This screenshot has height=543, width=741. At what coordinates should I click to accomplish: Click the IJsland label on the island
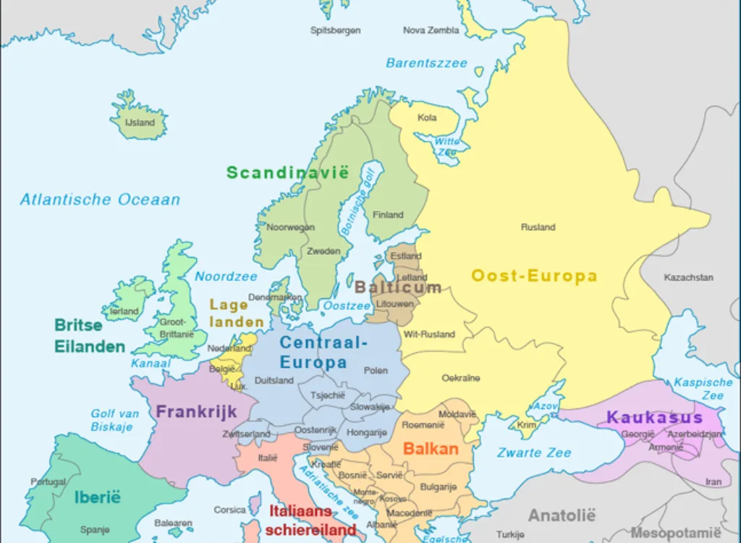tap(140, 122)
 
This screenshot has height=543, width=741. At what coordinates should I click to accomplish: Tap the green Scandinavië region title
tap(287, 172)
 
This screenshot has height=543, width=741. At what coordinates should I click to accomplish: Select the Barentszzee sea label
tap(426, 64)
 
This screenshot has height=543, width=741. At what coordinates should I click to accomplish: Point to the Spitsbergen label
tap(335, 30)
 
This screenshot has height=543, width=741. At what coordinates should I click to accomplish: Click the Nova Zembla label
tap(431, 30)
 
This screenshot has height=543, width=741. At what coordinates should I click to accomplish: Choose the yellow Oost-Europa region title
tap(534, 276)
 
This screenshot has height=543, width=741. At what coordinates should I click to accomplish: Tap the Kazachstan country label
tap(688, 277)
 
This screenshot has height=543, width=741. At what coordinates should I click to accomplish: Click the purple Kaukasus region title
tap(654, 418)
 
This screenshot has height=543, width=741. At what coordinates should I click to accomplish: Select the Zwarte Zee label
tap(534, 452)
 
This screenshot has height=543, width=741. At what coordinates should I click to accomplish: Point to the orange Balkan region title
tap(431, 449)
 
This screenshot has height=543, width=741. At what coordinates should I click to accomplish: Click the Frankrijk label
tap(196, 412)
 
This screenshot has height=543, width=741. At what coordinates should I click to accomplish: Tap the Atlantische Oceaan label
tap(100, 200)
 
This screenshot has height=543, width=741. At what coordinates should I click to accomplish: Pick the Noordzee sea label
tap(226, 277)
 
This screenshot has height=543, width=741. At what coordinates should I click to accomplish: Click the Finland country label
tap(388, 215)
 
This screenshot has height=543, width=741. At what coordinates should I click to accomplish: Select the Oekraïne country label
tap(461, 378)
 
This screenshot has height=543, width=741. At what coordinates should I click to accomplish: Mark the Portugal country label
tap(48, 481)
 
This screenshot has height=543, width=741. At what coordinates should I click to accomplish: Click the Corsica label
tap(229, 510)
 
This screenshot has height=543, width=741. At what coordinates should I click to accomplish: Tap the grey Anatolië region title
tap(562, 515)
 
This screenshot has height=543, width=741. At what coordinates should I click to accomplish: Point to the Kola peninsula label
tap(427, 117)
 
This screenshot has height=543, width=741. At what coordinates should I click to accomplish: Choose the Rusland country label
tap(538, 227)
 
